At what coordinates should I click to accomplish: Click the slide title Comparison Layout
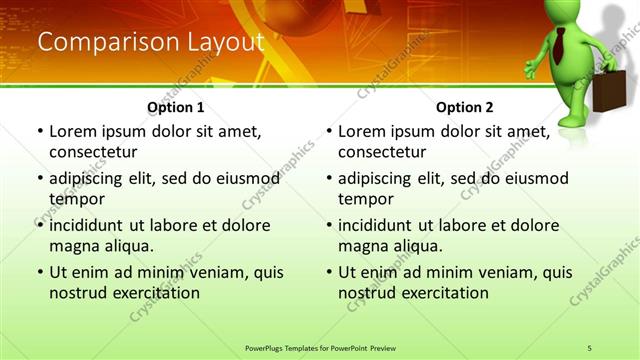click(x=150, y=42)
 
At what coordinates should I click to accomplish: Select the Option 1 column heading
click(x=176, y=107)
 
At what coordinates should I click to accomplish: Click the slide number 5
click(x=590, y=347)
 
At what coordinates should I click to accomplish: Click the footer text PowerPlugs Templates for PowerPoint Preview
click(x=320, y=347)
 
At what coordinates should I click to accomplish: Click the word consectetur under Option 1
click(x=93, y=152)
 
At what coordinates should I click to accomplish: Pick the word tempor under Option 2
click(x=366, y=199)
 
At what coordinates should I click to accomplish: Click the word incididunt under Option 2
click(x=378, y=225)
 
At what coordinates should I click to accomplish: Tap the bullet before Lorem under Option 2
click(x=329, y=131)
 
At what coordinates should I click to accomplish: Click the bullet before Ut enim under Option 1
click(x=40, y=272)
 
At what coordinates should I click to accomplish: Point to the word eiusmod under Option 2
click(x=537, y=178)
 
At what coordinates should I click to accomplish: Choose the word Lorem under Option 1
click(x=73, y=131)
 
